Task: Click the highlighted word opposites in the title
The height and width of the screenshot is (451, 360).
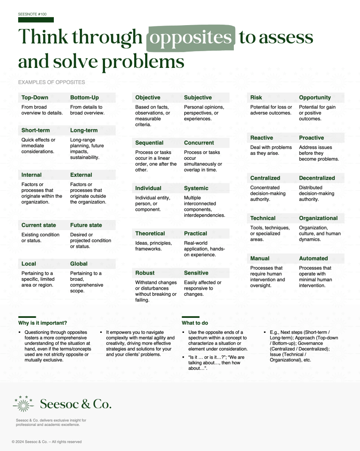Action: click(190, 38)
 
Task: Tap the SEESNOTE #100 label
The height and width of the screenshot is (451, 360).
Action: click(32, 14)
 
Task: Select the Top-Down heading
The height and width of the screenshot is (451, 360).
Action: click(35, 97)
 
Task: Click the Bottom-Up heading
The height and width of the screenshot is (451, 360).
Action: click(84, 97)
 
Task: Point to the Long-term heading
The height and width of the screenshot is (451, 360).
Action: click(84, 130)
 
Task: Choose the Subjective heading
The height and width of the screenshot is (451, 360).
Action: click(198, 97)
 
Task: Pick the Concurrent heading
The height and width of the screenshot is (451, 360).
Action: click(199, 143)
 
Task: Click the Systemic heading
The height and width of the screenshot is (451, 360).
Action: click(196, 188)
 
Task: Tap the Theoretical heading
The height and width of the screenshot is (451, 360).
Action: click(150, 234)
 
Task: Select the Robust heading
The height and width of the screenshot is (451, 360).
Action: click(145, 273)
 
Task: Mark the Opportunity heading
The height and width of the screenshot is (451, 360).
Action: click(315, 97)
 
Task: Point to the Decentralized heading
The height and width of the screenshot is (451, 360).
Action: click(317, 178)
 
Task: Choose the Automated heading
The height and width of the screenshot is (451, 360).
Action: click(313, 258)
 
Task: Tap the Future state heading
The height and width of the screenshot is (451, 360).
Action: click(86, 225)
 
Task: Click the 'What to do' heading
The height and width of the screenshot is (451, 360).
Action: click(195, 323)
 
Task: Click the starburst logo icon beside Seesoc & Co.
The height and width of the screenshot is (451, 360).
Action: click(23, 403)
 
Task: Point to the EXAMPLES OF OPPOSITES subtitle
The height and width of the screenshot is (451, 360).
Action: click(52, 82)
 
